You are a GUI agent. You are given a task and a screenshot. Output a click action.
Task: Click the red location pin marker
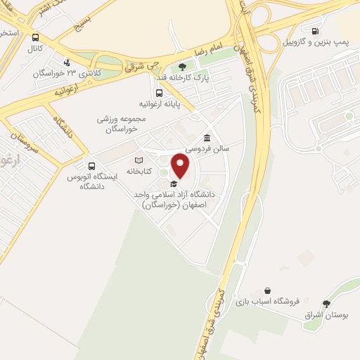181,166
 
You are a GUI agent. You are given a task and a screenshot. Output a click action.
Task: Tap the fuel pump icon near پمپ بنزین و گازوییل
314,31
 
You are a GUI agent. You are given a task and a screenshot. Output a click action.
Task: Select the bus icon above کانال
36,38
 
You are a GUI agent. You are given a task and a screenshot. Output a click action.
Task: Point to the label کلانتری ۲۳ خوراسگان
57,72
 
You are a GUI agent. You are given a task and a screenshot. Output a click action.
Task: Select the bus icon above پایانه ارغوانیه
160,92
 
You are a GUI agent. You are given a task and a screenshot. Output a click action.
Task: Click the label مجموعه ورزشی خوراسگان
121,124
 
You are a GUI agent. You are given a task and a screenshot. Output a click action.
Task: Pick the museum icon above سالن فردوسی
207,138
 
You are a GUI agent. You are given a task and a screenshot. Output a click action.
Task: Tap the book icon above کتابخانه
139,160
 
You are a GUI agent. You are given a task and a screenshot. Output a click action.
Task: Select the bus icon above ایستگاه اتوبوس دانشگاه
91,166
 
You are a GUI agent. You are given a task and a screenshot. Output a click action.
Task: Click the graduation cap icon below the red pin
173,184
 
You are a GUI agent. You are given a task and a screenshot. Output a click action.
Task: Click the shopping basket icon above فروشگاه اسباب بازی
267,290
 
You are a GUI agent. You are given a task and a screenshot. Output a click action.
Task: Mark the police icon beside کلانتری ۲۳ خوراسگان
66,62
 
